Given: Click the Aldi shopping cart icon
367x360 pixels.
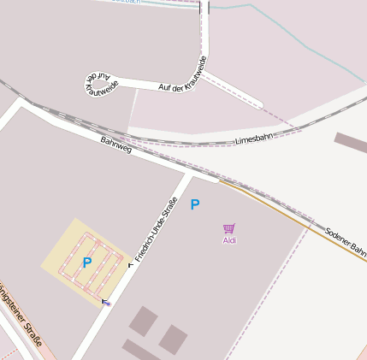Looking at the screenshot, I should [x=228, y=228].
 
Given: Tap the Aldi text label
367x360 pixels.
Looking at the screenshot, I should [x=229, y=240].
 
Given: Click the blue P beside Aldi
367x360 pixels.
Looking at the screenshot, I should [x=195, y=204].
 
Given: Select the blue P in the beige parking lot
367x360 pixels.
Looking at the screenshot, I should [x=86, y=263].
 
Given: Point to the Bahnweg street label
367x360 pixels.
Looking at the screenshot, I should [x=116, y=145].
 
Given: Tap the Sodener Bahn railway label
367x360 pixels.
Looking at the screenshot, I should [x=346, y=241].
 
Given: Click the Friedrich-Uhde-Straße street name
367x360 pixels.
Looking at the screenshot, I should [x=156, y=228].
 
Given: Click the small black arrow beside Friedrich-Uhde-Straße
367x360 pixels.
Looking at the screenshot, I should [x=131, y=265].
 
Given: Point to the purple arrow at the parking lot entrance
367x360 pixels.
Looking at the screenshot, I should [x=106, y=301].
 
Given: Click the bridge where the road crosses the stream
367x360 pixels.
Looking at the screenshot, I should [x=204, y=8].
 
